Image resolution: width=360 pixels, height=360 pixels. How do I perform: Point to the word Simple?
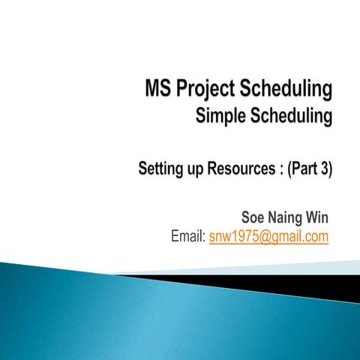221,117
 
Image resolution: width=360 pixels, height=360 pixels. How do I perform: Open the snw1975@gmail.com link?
268,237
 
